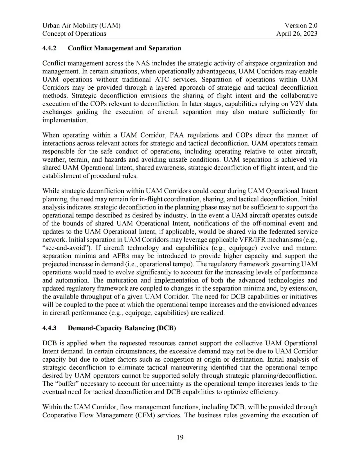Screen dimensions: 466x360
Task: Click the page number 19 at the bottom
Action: pos(180,437)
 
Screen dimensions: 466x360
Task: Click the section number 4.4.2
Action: pos(49,48)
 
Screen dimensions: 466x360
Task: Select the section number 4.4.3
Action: pos(49,328)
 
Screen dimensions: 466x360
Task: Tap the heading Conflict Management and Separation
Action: pos(124,48)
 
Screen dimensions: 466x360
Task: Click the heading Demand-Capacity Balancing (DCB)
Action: pos(122,328)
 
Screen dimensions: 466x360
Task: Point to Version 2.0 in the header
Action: pos(301,25)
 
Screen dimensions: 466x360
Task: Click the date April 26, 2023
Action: pos(297,33)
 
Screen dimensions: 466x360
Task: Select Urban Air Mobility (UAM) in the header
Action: pos(81,25)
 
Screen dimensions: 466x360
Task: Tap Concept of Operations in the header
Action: pos(74,33)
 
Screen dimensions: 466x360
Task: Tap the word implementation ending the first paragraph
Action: pos(65,120)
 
